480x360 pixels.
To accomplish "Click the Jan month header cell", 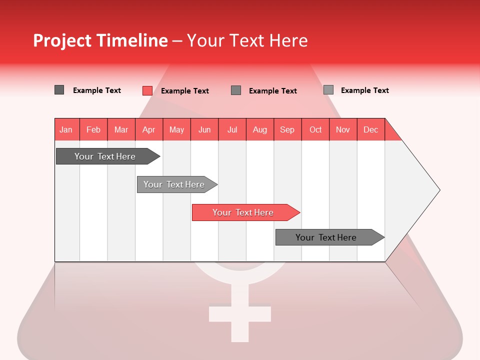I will (x=66, y=129).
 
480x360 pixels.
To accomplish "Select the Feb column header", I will (x=93, y=129).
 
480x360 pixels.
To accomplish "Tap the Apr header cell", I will (x=149, y=129).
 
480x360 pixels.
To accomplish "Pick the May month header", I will (x=176, y=129).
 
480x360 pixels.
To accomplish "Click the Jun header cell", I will (x=204, y=129).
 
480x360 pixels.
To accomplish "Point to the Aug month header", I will (x=260, y=129).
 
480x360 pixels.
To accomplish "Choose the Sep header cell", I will (x=287, y=129).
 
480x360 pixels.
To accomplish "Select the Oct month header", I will (x=315, y=129).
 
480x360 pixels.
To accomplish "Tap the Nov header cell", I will (x=343, y=129).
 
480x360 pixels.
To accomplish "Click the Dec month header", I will (x=371, y=129).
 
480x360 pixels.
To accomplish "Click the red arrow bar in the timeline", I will (x=245, y=212).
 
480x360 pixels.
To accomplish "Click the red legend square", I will (x=147, y=90).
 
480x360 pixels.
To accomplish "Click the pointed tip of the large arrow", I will (x=438, y=190).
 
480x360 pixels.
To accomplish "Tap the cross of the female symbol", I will (x=240, y=313).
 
